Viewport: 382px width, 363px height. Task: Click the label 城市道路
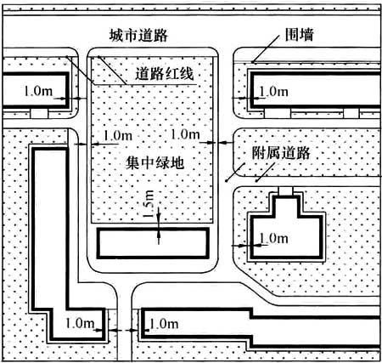tap(138, 36)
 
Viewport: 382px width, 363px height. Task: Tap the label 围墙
tap(299, 35)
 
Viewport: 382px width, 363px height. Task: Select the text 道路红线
tap(165, 74)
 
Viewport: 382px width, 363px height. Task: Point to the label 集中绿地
tap(154, 163)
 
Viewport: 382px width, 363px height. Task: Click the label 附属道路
tap(281, 153)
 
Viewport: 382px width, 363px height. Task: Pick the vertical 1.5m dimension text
tap(149, 203)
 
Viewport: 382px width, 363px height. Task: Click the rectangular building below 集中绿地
tap(153, 243)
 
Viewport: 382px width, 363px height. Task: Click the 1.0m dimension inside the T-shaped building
tap(273, 238)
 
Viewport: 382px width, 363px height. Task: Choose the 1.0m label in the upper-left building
tap(38, 91)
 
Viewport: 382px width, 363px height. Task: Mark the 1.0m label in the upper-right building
tap(273, 92)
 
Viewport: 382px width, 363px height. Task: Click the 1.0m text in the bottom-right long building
tap(164, 324)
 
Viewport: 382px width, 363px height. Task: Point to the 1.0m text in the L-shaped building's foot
tap(80, 323)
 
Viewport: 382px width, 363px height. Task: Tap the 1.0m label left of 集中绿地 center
tap(118, 135)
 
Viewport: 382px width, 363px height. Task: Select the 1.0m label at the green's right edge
tap(185, 134)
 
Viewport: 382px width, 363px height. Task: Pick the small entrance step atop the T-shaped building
tap(286, 190)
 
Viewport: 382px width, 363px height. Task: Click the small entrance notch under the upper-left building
tap(39, 113)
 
